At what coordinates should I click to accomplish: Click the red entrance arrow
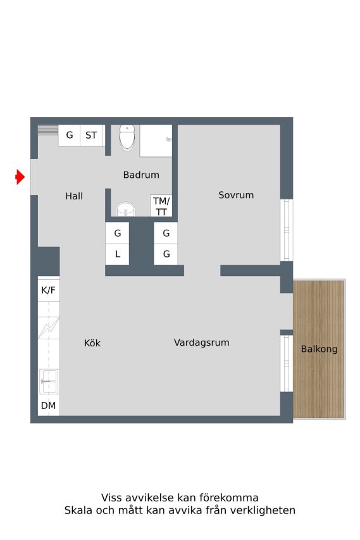coord(20,177)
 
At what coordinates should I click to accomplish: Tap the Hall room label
coord(74,196)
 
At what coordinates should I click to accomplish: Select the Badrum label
coord(141,175)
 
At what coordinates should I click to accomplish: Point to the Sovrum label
coord(236,195)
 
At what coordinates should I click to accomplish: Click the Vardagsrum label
coord(202,342)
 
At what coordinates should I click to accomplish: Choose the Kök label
coord(92,343)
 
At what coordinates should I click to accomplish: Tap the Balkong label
coord(319,349)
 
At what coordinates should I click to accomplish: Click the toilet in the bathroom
coord(127,137)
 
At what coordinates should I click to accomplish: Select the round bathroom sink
coord(126,209)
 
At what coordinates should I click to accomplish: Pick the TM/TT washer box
coord(161,206)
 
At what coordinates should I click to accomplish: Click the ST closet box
coord(91,135)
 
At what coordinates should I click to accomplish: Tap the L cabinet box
coord(117,254)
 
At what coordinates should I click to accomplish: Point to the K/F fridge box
coord(49,291)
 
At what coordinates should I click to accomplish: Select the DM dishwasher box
coord(49,405)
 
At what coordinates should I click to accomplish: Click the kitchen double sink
coord(49,381)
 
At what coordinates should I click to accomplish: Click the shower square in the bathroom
coord(156,141)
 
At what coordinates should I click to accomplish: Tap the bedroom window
coord(287,230)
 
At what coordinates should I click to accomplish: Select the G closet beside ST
coord(70,135)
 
